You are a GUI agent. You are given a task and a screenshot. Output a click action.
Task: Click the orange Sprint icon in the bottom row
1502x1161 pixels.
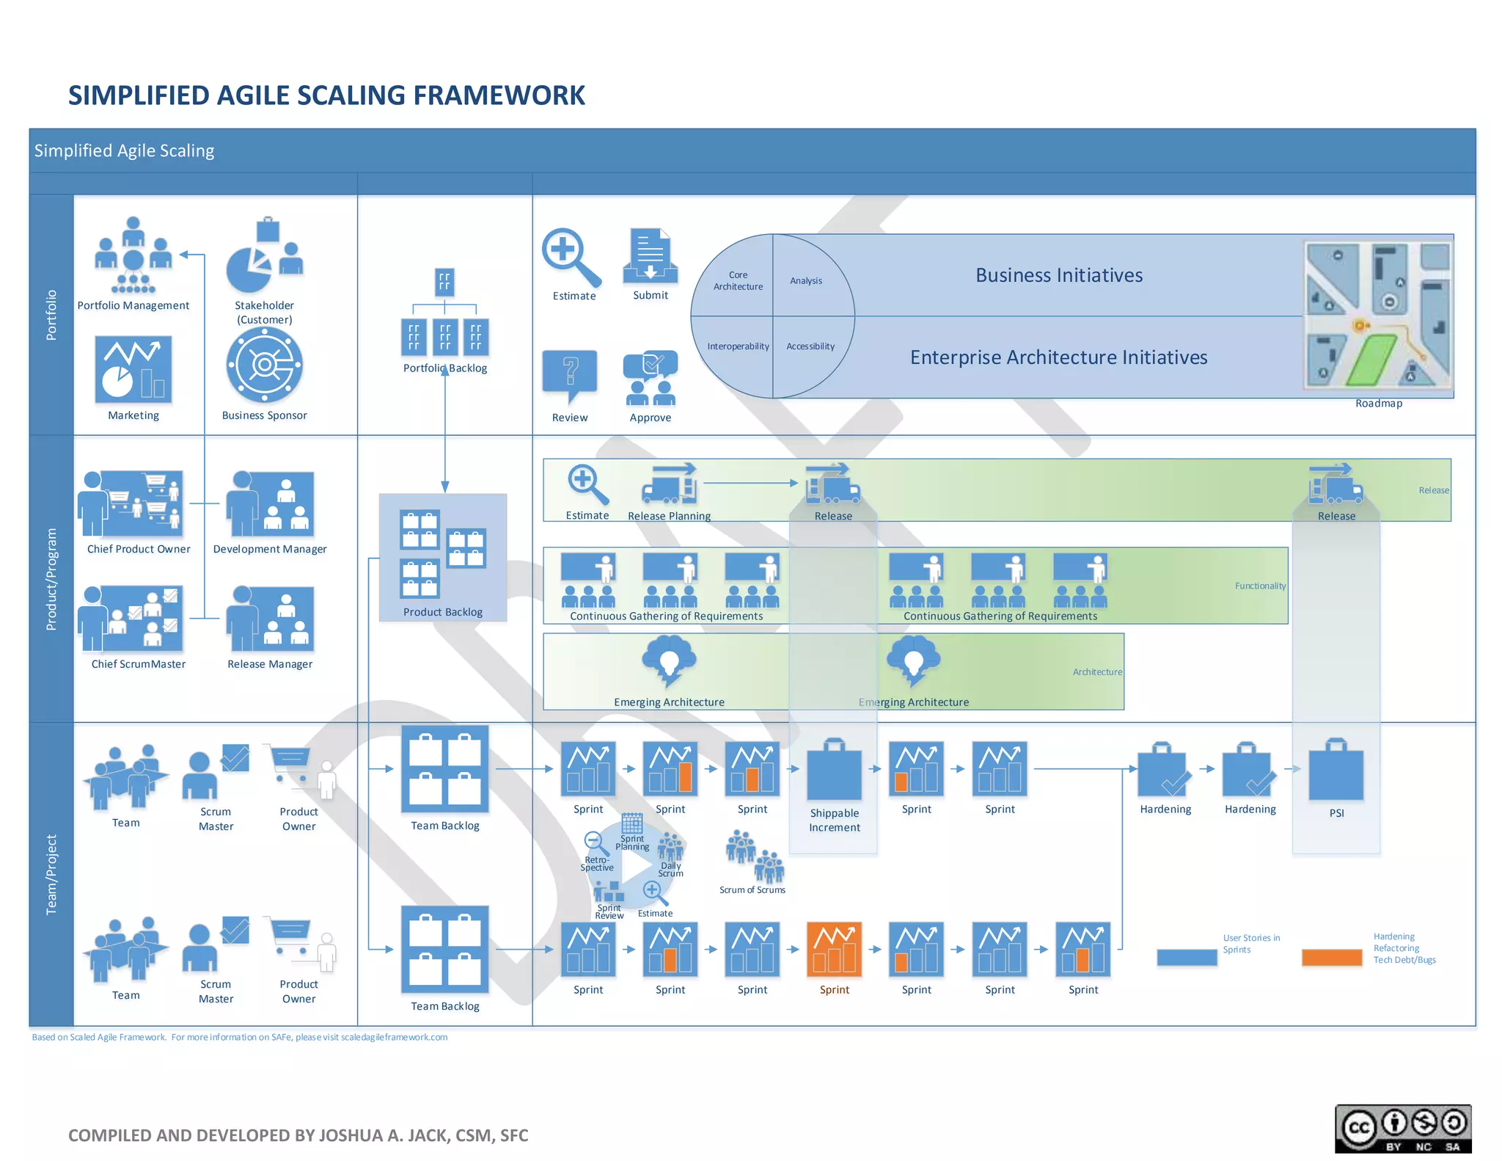834,950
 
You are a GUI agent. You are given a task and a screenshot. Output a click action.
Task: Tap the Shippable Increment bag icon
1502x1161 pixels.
834,771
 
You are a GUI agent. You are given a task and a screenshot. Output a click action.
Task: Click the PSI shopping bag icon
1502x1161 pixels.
1336,771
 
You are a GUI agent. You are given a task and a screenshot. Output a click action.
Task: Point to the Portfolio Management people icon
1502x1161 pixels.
133,255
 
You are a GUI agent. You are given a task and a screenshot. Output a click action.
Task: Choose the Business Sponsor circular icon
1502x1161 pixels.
264,365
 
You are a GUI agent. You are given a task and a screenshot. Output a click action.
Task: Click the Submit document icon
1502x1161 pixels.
650,256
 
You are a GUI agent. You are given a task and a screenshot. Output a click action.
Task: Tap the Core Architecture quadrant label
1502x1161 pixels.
738,280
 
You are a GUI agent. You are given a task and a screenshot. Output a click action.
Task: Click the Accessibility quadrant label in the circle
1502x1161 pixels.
810,346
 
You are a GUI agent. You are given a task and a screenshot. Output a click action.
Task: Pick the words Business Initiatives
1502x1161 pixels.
1058,275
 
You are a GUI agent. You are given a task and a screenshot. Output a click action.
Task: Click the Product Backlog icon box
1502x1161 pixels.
442,556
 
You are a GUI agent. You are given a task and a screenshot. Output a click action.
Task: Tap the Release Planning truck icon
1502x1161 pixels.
669,484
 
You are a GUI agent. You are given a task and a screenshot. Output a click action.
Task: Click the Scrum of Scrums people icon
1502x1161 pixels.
754,857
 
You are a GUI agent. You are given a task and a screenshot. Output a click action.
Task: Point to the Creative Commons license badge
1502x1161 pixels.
1402,1128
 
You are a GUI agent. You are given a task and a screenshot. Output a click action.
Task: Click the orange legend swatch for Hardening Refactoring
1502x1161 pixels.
1331,957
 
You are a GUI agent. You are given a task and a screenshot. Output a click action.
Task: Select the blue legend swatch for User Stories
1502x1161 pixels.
1186,957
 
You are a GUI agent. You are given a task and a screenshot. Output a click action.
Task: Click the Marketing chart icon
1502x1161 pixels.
133,370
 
